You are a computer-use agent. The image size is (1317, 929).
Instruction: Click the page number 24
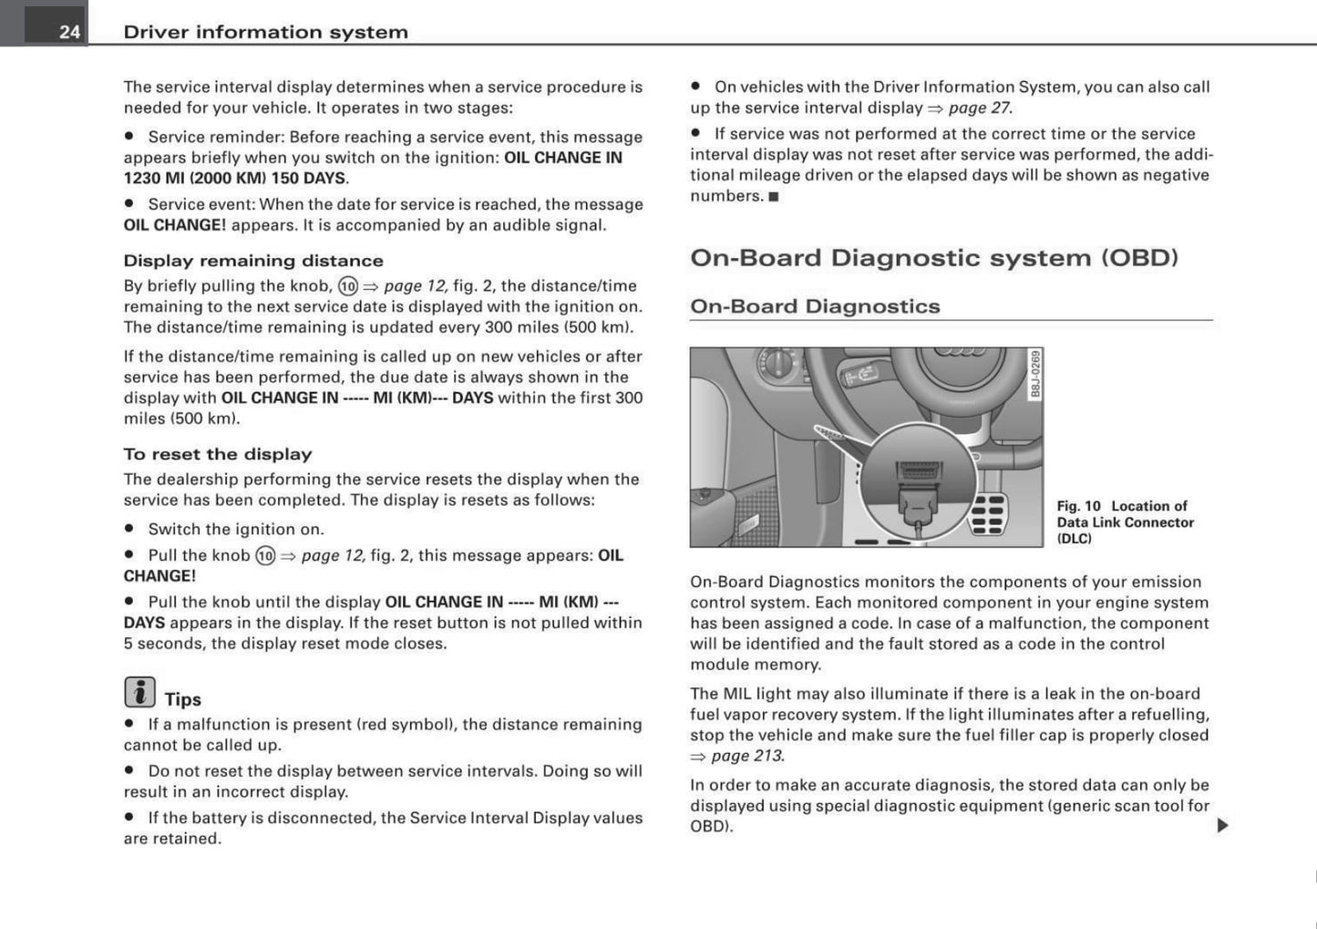coord(69,32)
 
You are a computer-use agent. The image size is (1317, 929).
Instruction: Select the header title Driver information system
coord(265,32)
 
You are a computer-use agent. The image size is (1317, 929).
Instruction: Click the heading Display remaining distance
coord(253,261)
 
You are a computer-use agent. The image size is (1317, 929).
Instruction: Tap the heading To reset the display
coord(218,454)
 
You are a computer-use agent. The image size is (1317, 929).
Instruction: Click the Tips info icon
coord(139,693)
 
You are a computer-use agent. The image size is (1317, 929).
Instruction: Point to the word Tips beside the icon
coord(182,699)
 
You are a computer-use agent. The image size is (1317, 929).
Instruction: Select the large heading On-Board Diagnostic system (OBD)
coord(934,258)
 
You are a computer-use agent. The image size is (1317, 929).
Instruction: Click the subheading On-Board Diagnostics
coord(815,306)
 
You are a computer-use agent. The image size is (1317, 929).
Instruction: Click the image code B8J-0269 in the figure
coord(1035,374)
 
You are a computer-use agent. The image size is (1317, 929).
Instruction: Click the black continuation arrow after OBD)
coord(1222,825)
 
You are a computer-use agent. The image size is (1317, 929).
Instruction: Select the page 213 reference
coord(746,756)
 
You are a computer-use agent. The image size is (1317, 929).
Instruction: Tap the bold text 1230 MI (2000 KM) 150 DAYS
coord(234,178)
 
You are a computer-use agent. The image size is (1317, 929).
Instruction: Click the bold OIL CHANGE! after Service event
coord(174,225)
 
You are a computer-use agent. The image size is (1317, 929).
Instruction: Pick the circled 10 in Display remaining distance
coord(347,286)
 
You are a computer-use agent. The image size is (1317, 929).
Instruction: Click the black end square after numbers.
coord(774,196)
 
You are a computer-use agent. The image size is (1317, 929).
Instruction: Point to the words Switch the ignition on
coord(236,529)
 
